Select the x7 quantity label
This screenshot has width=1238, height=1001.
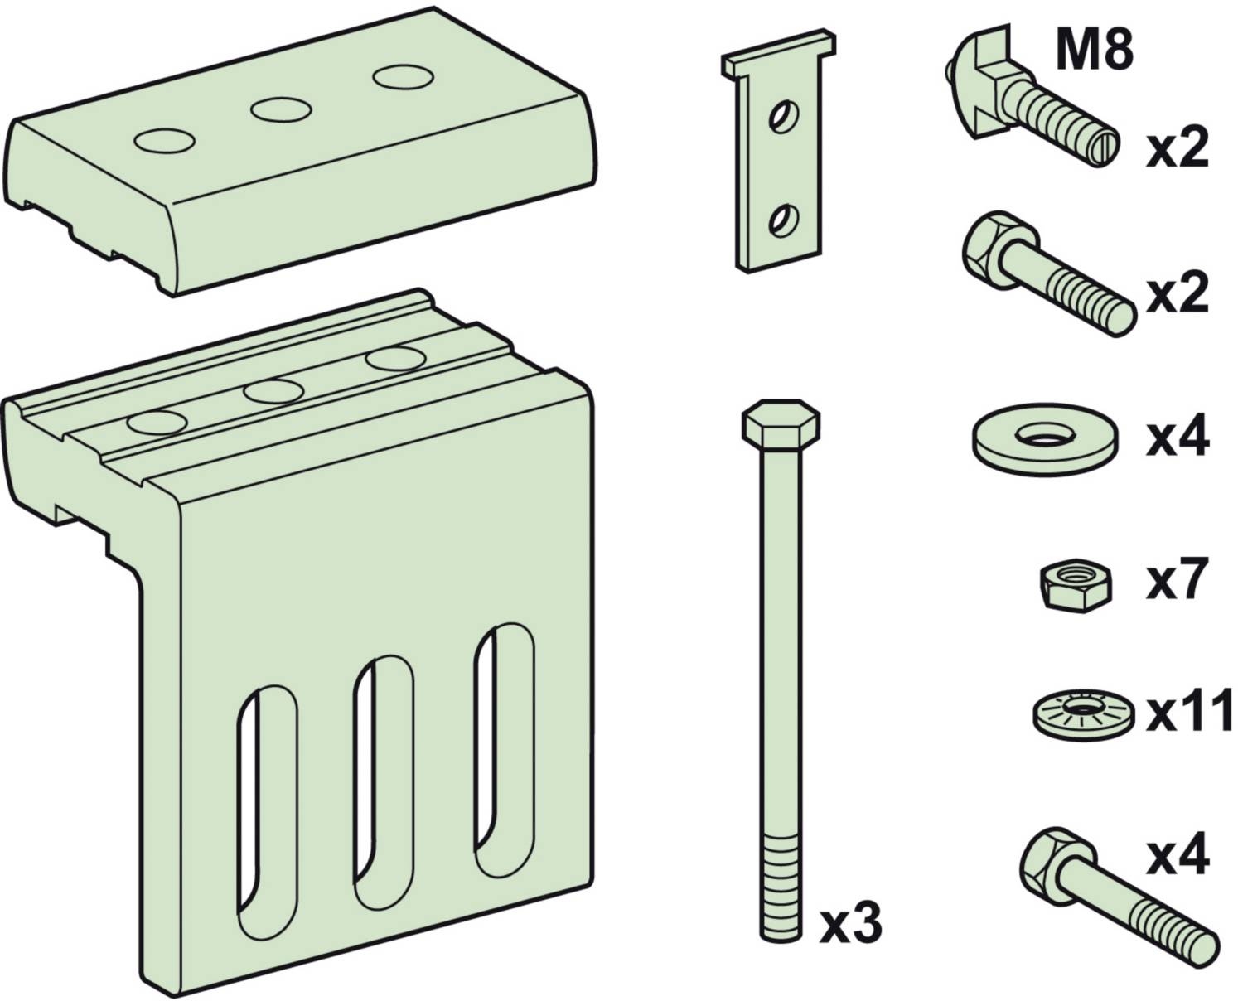(x=1177, y=581)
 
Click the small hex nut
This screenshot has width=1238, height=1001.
(x=1076, y=585)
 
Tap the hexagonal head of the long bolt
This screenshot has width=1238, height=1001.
(x=780, y=424)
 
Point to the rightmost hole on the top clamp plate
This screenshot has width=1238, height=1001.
(x=402, y=78)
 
